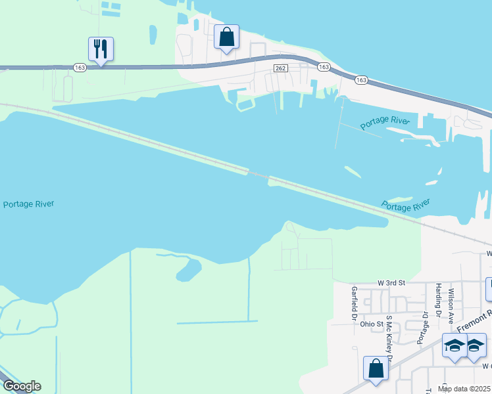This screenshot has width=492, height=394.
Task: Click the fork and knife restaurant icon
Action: pyautogui.click(x=101, y=49)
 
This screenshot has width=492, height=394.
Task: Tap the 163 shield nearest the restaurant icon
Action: pyautogui.click(x=80, y=67)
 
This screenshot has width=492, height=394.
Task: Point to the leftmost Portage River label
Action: pyautogui.click(x=28, y=204)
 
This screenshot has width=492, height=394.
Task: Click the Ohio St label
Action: pyautogui.click(x=371, y=324)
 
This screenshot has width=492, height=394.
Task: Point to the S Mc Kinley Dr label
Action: pyautogui.click(x=389, y=339)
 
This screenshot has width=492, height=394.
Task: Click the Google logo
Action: pyautogui.click(x=21, y=386)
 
